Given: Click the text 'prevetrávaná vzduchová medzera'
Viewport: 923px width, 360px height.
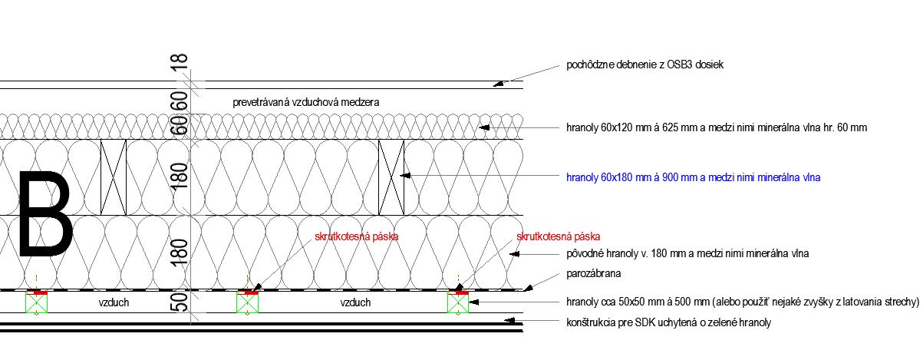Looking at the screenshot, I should pos(306,102).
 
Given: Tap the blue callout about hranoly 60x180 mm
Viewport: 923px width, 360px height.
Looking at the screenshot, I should pos(693,177).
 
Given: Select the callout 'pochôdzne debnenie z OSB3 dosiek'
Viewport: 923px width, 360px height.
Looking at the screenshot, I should pos(644,65).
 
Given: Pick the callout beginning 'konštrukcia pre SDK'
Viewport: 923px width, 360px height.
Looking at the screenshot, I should pos(668,323).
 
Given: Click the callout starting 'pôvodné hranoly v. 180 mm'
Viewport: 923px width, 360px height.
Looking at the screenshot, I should pos(687,253).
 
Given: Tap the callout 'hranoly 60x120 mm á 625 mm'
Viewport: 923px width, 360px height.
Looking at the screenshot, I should pos(716,127).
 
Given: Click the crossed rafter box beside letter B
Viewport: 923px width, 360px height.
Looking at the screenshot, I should pos(113,177).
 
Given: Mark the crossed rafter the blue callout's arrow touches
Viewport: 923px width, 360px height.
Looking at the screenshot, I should pos(391,177).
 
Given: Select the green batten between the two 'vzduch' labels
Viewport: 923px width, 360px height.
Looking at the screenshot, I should pos(247,303).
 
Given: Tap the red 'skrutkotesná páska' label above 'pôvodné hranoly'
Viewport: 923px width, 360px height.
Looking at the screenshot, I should pos(558,236).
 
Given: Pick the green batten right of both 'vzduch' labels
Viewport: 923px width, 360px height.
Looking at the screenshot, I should pos(458,303).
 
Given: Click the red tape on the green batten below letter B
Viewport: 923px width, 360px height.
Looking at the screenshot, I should pos(37,292).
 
